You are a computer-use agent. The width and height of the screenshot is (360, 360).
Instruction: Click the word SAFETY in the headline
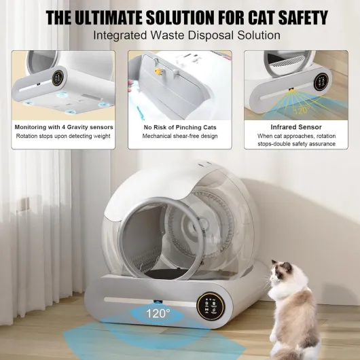[x=304, y=18]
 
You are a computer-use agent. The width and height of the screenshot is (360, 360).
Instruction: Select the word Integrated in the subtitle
[x=120, y=35]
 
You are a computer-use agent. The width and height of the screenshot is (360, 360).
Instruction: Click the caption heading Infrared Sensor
[x=296, y=127]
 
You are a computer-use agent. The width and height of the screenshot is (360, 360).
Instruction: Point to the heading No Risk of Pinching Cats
[x=180, y=127]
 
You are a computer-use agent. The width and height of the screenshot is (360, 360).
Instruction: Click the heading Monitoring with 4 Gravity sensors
[x=64, y=127]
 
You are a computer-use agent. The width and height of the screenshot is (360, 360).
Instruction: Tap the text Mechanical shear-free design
[x=180, y=136]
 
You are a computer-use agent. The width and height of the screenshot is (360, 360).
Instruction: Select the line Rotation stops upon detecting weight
[x=63, y=136]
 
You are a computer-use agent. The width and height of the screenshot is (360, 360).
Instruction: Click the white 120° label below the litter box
[x=158, y=313]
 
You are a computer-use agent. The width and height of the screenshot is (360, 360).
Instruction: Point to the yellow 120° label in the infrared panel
[x=303, y=110]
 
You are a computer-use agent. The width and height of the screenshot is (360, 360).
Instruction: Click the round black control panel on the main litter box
[x=211, y=306]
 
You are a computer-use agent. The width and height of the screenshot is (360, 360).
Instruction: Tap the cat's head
[x=282, y=273]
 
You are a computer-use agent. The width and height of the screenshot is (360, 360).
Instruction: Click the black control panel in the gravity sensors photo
[x=58, y=78]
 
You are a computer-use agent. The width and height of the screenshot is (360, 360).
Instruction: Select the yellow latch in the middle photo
[x=158, y=71]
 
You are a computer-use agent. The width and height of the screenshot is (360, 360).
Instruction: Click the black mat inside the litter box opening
[x=166, y=273]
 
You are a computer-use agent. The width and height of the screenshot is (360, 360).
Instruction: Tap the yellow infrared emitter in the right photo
[x=291, y=89]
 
